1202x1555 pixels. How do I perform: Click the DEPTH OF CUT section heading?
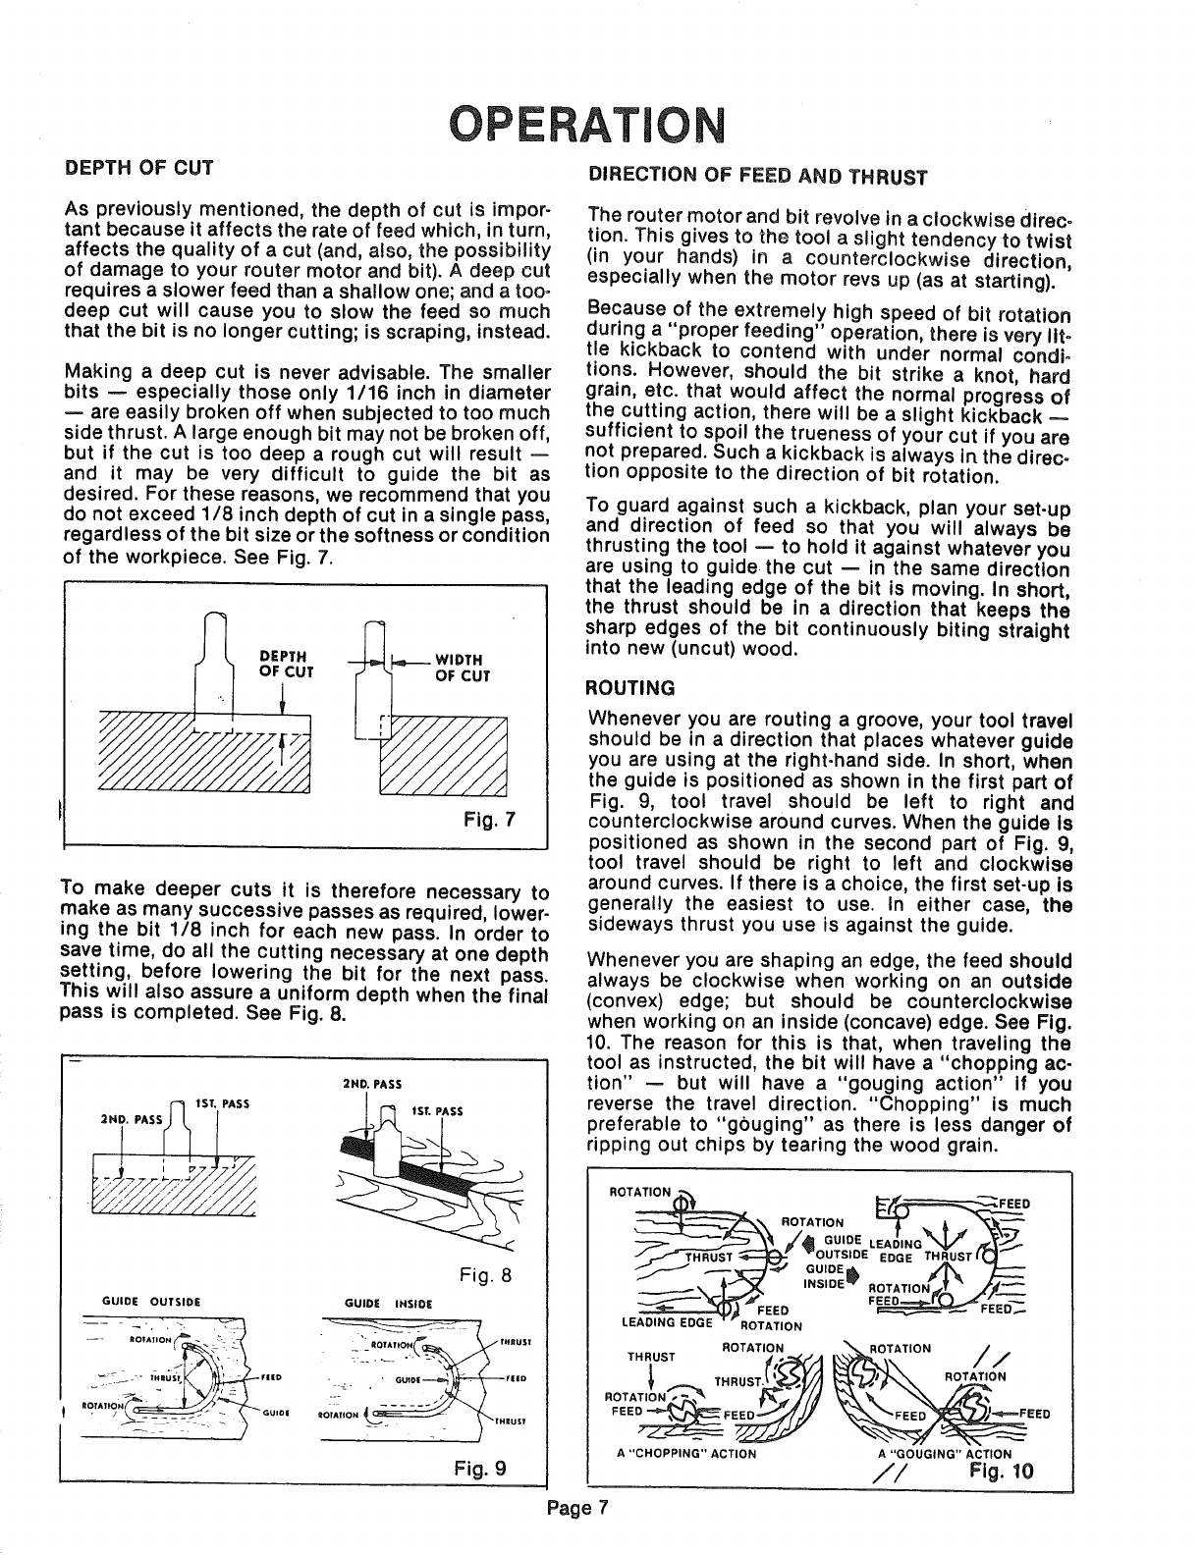(x=138, y=167)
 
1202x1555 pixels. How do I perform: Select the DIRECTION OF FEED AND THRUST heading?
(x=756, y=178)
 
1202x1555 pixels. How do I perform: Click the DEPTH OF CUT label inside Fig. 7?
(x=285, y=665)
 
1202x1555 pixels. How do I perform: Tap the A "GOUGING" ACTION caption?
(x=944, y=1454)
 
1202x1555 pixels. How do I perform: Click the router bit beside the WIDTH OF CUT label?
(x=372, y=677)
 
